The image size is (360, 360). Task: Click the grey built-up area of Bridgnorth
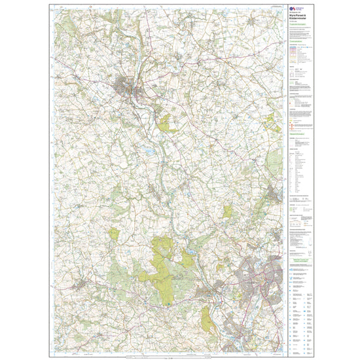[x=124, y=85]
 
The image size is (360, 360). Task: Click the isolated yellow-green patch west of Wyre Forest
[x=115, y=234]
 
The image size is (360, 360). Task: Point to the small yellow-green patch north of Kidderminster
[x=227, y=211]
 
